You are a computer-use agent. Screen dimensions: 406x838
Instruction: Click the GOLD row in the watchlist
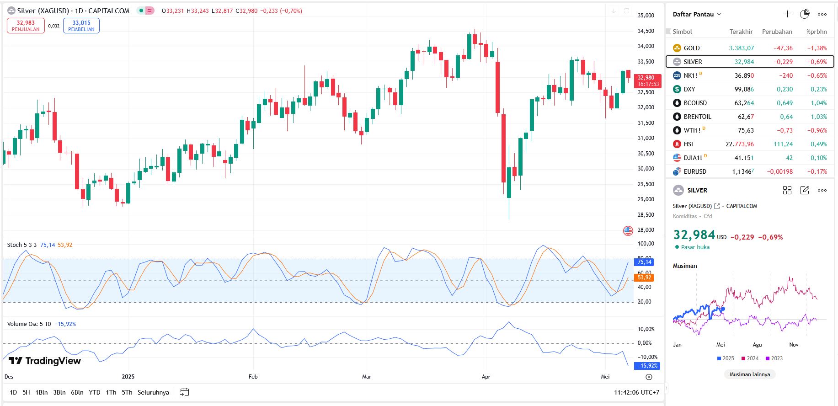(x=691, y=48)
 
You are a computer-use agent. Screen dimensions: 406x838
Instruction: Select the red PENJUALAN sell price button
(x=26, y=26)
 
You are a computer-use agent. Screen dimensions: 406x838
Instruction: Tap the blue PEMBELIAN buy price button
(x=81, y=26)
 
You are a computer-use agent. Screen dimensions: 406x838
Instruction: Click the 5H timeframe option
(x=26, y=392)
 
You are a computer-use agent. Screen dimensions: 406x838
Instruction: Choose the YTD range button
(x=95, y=392)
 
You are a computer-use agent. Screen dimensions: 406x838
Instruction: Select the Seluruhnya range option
(x=153, y=392)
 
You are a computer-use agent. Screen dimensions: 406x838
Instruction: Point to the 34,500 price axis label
(x=646, y=31)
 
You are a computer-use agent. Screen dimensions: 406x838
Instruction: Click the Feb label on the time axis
(x=253, y=377)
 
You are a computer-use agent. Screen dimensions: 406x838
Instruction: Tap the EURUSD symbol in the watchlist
(x=695, y=171)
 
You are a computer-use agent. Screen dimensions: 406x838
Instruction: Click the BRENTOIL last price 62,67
(x=746, y=117)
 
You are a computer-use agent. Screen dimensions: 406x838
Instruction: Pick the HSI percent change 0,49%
(x=818, y=144)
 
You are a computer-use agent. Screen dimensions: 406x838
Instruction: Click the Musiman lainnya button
(x=749, y=374)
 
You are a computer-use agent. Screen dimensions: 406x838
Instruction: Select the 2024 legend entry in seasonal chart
(x=750, y=358)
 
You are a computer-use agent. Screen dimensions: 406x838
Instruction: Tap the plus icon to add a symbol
(x=787, y=14)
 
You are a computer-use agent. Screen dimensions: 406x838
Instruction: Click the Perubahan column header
(x=777, y=32)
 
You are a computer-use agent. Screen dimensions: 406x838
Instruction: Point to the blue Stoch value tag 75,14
(x=644, y=262)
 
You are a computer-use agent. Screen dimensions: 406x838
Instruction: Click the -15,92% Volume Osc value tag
(x=648, y=366)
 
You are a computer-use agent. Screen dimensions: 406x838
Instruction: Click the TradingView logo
(x=45, y=361)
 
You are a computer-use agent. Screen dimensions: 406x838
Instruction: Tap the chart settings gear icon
(x=649, y=377)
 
